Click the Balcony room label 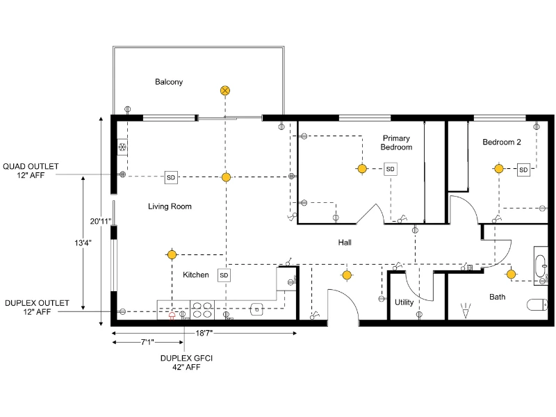(169, 82)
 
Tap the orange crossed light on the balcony (225, 90)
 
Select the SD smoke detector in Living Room (171, 177)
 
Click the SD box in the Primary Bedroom (390, 169)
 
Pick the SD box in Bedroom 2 (523, 169)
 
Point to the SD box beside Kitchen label (224, 275)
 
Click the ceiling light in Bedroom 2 (498, 168)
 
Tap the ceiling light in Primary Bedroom (361, 168)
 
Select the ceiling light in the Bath (511, 275)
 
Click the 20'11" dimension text (101, 221)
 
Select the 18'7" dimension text (204, 334)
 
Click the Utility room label (404, 302)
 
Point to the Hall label (345, 243)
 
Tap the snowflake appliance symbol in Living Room (122, 147)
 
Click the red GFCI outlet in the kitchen (172, 314)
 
